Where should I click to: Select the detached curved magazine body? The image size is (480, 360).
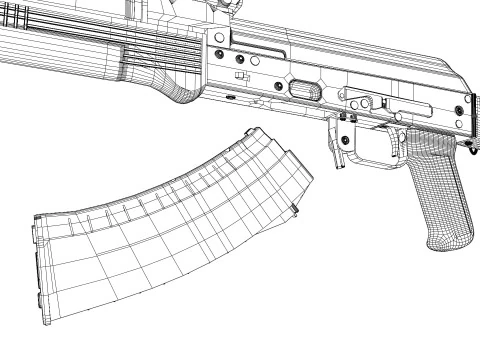point(170,230)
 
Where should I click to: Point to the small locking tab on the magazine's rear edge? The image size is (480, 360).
point(296,207)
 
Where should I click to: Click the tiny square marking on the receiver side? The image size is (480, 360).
point(238,75)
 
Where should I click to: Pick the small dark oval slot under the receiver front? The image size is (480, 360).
point(232,98)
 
